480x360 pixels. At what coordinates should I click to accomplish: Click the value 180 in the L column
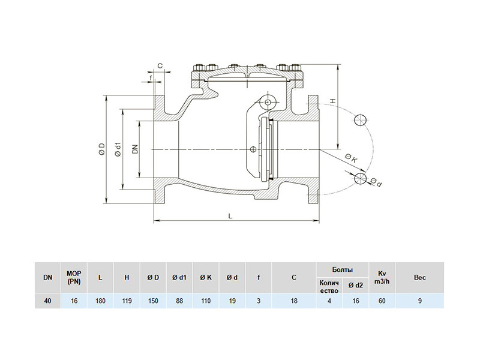click(x=100, y=301)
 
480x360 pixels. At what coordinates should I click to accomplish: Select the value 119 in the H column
click(x=127, y=301)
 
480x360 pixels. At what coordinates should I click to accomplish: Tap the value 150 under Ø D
click(x=153, y=301)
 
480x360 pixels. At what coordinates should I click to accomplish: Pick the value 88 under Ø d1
click(x=179, y=301)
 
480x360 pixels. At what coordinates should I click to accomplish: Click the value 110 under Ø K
click(x=206, y=301)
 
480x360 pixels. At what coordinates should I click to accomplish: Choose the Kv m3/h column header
click(x=382, y=277)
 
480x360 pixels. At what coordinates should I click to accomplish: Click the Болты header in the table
click(x=342, y=269)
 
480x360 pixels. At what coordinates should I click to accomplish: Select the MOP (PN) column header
click(x=74, y=277)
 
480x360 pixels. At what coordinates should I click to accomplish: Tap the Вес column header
click(x=419, y=277)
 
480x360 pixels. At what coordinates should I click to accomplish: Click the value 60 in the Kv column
click(x=382, y=301)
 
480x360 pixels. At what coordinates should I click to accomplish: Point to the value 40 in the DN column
click(x=47, y=301)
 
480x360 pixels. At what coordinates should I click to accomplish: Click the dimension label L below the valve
click(x=230, y=215)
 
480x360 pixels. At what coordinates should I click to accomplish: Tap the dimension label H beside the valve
click(x=334, y=101)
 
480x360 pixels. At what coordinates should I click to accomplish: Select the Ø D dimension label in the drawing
click(x=102, y=148)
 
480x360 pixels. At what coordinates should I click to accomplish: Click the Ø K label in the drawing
click(x=351, y=158)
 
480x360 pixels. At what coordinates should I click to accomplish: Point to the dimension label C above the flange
click(x=160, y=65)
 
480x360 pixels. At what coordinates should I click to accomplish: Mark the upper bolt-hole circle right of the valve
click(x=361, y=119)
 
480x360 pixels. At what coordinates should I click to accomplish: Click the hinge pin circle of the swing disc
click(x=268, y=102)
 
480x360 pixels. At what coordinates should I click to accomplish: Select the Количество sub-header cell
click(x=329, y=287)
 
